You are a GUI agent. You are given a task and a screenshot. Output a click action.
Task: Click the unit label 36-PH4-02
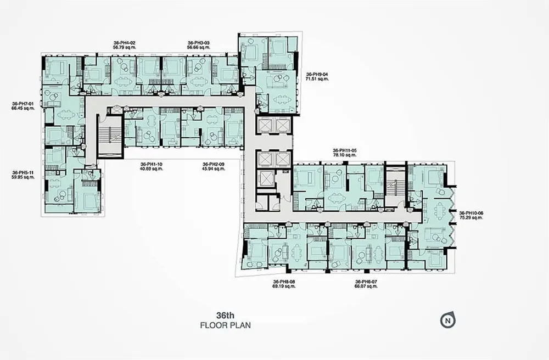point(124,43)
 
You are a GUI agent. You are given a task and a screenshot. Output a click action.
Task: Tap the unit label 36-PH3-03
point(199,43)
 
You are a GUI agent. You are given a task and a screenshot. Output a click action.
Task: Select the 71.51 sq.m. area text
point(317,79)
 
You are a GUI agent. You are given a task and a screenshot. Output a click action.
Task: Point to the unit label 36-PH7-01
point(23,104)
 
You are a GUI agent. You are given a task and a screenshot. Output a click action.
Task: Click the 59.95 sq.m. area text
point(23,177)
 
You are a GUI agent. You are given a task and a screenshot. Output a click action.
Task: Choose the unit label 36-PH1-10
point(152,164)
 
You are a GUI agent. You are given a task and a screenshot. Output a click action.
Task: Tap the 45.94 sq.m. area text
point(214,168)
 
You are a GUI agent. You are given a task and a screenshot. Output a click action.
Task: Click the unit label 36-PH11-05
point(345,150)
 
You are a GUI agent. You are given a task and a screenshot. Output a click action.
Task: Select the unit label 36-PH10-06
point(471,213)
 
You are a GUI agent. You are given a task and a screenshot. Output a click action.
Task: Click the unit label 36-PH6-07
point(366,282)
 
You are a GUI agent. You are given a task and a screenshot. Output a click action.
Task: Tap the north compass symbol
point(448,320)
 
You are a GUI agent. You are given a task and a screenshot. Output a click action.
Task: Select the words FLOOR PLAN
point(226,325)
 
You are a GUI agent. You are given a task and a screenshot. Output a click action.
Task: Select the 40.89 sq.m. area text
point(152,168)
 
